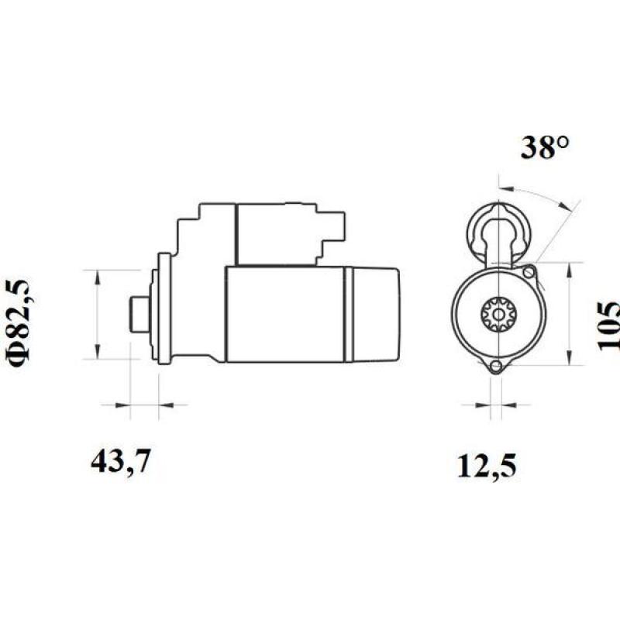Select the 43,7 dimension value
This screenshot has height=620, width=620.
[x=120, y=462]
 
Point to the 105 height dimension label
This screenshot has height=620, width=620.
[x=611, y=325]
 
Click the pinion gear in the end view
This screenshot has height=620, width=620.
[x=496, y=315]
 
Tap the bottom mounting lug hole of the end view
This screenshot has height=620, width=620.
[x=496, y=367]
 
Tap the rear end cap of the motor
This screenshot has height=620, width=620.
[x=376, y=315]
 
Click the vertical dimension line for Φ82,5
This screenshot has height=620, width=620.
[x=96, y=315]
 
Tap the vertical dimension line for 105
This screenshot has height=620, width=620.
[x=571, y=315]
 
